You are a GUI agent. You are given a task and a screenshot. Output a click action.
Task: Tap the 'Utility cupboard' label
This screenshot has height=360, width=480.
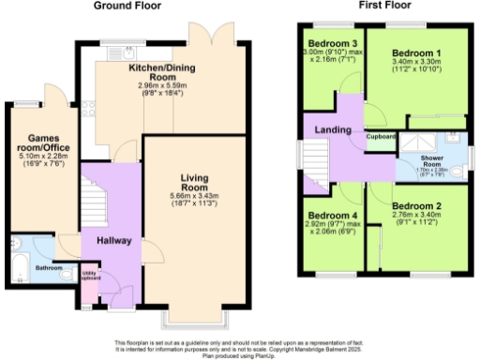pos(91,277)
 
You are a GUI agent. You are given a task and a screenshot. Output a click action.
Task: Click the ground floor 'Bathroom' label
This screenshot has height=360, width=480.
pos(50,269)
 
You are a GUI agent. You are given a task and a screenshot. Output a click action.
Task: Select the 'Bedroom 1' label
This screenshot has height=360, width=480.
pos(415,52)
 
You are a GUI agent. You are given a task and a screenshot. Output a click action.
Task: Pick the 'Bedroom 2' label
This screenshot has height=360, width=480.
pos(415,205)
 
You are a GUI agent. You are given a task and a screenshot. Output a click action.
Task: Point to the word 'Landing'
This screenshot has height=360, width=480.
pos(333,130)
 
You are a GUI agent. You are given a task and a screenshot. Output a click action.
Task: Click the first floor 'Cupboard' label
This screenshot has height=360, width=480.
pos(380,137)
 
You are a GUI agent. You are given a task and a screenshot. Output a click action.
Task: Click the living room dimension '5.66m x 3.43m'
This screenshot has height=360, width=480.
pos(198,196)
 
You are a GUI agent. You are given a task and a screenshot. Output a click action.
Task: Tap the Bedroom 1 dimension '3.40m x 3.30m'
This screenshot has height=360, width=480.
pos(415,62)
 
